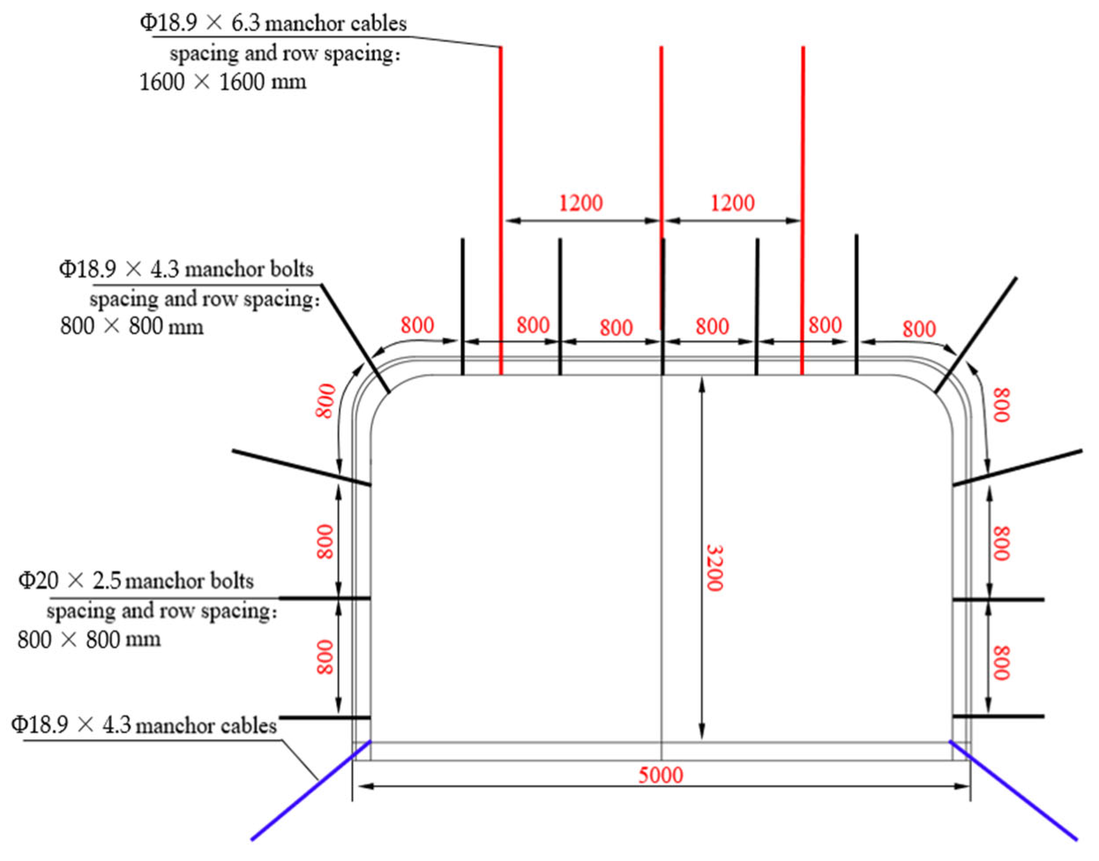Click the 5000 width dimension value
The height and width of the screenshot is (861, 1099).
point(660,775)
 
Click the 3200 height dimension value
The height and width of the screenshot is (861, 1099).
point(714,568)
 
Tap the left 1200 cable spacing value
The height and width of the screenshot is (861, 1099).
point(581,203)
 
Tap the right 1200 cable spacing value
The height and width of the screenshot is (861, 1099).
point(732,203)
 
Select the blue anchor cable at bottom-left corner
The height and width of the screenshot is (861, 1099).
point(311,790)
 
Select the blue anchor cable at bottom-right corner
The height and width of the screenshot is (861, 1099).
point(1013,790)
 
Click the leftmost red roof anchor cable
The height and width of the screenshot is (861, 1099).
point(501,211)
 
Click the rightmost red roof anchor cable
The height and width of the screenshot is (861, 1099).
point(803,211)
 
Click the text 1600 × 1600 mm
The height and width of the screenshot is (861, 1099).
point(222,82)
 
